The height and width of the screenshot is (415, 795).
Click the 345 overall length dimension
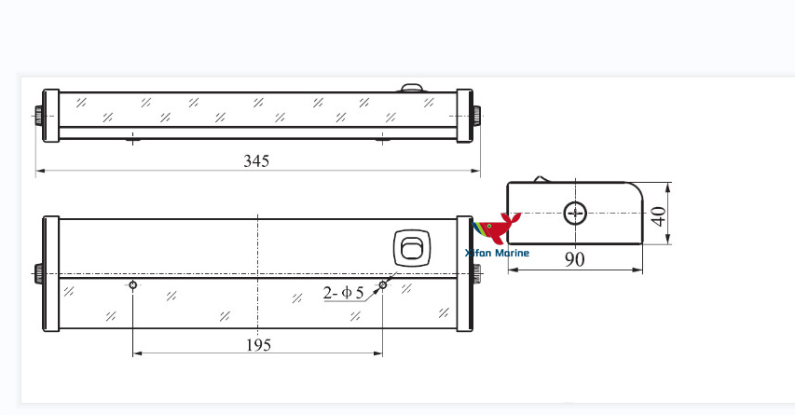[x=256, y=160]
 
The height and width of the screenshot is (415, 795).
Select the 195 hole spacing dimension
[x=258, y=344]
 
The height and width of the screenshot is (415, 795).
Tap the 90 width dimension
[x=575, y=259]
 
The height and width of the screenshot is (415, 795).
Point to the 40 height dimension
[x=659, y=216]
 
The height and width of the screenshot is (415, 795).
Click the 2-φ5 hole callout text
[x=344, y=293]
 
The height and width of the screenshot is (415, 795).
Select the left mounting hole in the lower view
[x=133, y=284]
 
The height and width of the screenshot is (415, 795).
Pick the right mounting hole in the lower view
[x=382, y=285]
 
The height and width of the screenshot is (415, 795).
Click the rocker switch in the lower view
[x=412, y=248]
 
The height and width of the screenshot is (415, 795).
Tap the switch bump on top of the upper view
[x=412, y=89]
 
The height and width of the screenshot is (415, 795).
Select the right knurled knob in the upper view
[x=477, y=117]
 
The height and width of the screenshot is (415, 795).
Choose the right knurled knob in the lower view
[x=477, y=275]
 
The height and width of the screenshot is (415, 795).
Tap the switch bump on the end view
[x=540, y=179]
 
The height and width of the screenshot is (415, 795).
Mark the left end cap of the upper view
[x=51, y=117]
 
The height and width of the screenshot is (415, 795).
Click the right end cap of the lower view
[x=464, y=274]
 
